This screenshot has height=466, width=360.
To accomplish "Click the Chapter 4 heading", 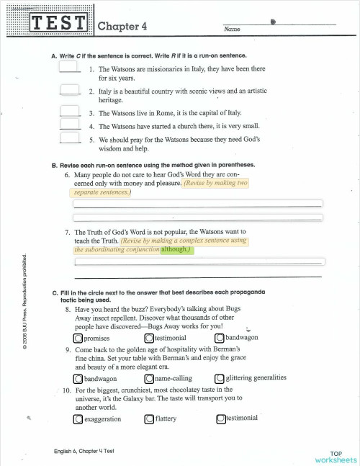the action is [122, 26].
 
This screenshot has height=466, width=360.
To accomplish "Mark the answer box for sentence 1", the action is [69, 67].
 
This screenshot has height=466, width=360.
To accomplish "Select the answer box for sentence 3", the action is [69, 112].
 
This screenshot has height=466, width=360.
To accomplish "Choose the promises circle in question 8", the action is [78, 338].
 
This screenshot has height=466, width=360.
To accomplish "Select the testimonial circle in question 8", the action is [149, 338].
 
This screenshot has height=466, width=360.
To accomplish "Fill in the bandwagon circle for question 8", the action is [220, 338].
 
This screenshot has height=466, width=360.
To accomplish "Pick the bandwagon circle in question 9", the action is [78, 378].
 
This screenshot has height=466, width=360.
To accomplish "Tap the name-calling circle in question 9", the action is [149, 378].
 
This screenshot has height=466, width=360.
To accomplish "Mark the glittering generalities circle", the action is [220, 377].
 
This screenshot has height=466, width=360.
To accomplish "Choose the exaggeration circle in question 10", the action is [78, 418].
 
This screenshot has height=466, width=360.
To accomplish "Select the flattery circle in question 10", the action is [149, 418].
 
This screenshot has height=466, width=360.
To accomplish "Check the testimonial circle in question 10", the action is [220, 418].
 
